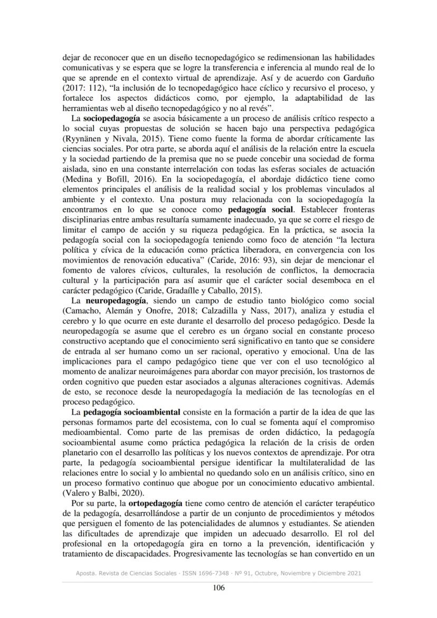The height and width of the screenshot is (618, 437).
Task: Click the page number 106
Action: [x=218, y=588]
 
